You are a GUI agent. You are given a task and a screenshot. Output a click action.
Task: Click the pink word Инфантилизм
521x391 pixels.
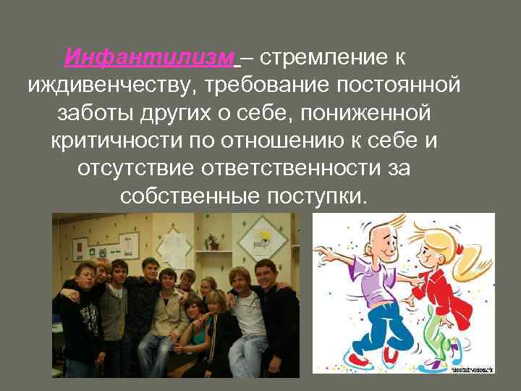(150, 57)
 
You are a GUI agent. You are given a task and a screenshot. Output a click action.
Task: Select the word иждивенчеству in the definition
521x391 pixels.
(109, 85)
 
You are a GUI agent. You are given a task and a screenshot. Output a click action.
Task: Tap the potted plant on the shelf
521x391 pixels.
(212, 243)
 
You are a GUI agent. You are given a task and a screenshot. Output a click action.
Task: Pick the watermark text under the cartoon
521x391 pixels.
(471, 369)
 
